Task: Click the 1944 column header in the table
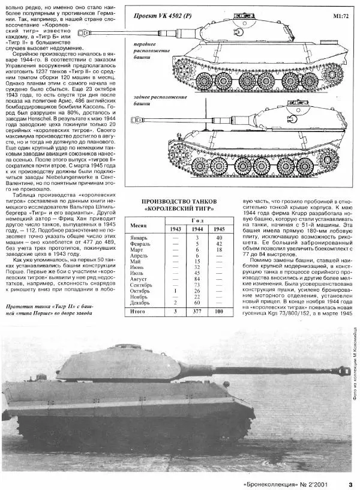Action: point(194,229)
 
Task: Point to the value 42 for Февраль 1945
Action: point(219,244)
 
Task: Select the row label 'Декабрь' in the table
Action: point(143,303)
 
